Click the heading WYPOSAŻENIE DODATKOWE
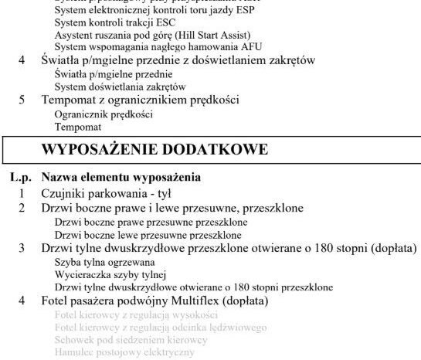pos(154,149)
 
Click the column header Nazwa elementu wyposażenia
pos(121,177)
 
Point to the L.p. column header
pos(21,177)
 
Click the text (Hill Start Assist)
pos(217,35)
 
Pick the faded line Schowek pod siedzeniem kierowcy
pos(131,339)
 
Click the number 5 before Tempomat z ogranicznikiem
pos(22,100)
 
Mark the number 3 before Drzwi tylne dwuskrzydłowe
pos(22,249)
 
